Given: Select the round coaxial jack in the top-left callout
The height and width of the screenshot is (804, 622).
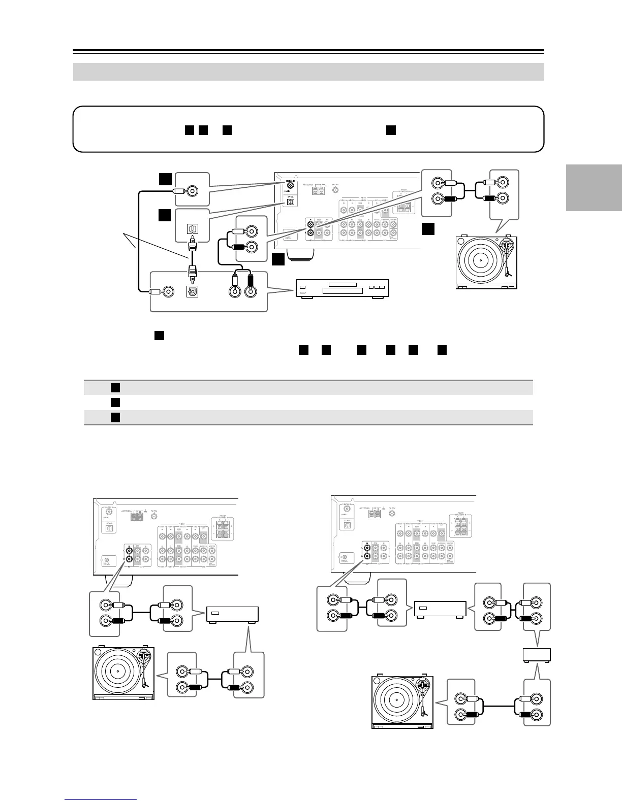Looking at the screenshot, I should click(x=192, y=191).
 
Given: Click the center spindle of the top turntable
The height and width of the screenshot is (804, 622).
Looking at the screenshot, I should click(x=480, y=259).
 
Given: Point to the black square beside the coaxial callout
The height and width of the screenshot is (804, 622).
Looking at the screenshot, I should click(x=164, y=179).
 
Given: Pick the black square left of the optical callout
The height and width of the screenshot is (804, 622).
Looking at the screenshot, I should click(x=164, y=215).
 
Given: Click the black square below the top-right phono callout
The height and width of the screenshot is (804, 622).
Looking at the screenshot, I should click(x=428, y=229).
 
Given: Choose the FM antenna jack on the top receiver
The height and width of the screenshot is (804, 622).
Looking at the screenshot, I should click(x=335, y=190).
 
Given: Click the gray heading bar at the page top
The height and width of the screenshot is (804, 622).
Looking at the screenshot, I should click(x=308, y=72).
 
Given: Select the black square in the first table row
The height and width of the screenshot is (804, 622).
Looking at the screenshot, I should click(x=115, y=388).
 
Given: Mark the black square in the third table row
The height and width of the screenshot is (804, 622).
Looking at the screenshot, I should click(x=115, y=417).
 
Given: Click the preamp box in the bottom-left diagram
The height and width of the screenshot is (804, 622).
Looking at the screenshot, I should click(x=232, y=615).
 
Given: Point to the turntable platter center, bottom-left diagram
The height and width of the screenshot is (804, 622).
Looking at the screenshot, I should click(x=117, y=672).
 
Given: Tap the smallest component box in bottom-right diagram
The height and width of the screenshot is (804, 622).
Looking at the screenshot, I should click(x=537, y=655).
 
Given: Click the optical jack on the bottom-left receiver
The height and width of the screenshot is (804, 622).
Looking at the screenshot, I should click(x=108, y=527).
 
